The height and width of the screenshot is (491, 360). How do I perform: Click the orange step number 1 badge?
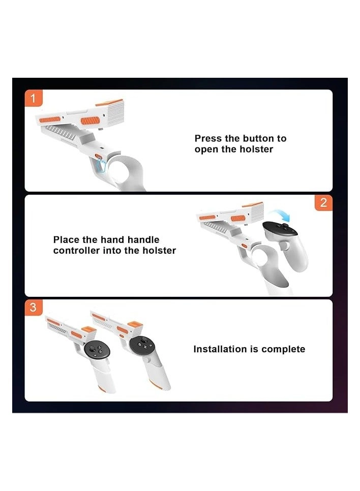(33, 98)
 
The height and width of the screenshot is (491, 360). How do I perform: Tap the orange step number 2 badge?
(323, 203)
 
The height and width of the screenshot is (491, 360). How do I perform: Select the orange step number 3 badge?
(33, 308)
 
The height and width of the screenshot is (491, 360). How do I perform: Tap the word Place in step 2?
(66, 240)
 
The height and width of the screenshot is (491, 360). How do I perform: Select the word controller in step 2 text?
(76, 251)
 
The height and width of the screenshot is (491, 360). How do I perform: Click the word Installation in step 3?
(220, 349)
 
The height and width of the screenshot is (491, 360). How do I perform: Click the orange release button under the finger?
(98, 156)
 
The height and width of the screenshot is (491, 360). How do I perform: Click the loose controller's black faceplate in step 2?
(280, 229)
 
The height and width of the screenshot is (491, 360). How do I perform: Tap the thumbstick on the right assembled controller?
(144, 340)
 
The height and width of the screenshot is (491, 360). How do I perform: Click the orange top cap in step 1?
(109, 102)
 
